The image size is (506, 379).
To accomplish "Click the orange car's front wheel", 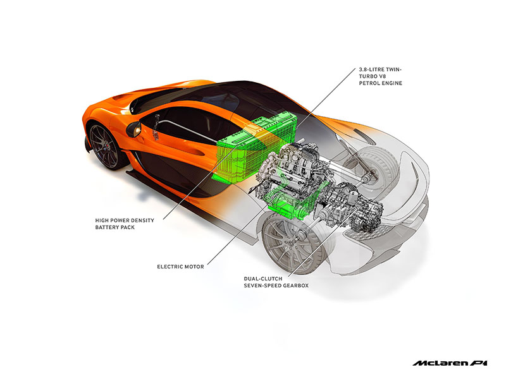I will tap(105, 146).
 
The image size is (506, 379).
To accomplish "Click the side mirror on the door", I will tap(133, 128).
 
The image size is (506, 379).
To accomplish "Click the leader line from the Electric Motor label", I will tap(234, 234).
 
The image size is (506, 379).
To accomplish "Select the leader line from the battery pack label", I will tap(190, 189).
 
